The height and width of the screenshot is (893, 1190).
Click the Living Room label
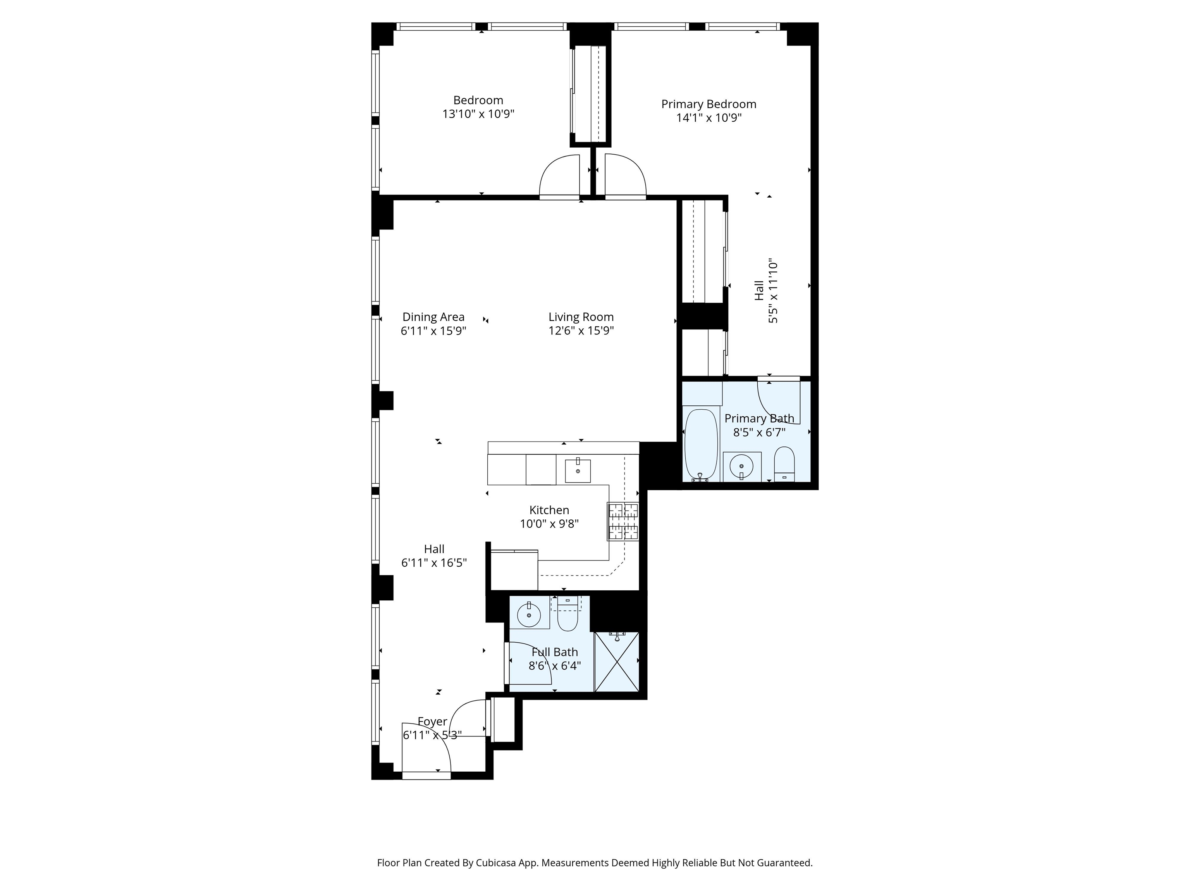click(x=581, y=317)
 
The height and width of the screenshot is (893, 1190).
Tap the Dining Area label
click(x=433, y=317)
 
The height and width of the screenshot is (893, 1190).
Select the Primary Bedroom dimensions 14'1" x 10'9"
click(x=708, y=118)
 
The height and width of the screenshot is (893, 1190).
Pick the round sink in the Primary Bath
click(x=741, y=466)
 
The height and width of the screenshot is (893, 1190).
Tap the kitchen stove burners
click(x=624, y=521)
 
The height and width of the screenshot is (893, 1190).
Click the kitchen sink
click(x=578, y=471)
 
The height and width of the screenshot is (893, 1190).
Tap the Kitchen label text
click(x=549, y=510)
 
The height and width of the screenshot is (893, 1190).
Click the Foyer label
click(x=433, y=721)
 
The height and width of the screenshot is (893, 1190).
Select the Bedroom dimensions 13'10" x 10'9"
click(x=478, y=114)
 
